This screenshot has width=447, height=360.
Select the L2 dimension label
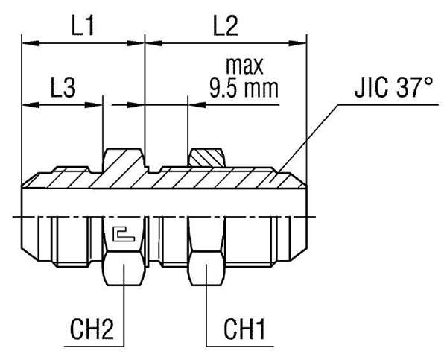click(x=225, y=28)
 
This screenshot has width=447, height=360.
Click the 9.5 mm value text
click(x=243, y=89)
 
